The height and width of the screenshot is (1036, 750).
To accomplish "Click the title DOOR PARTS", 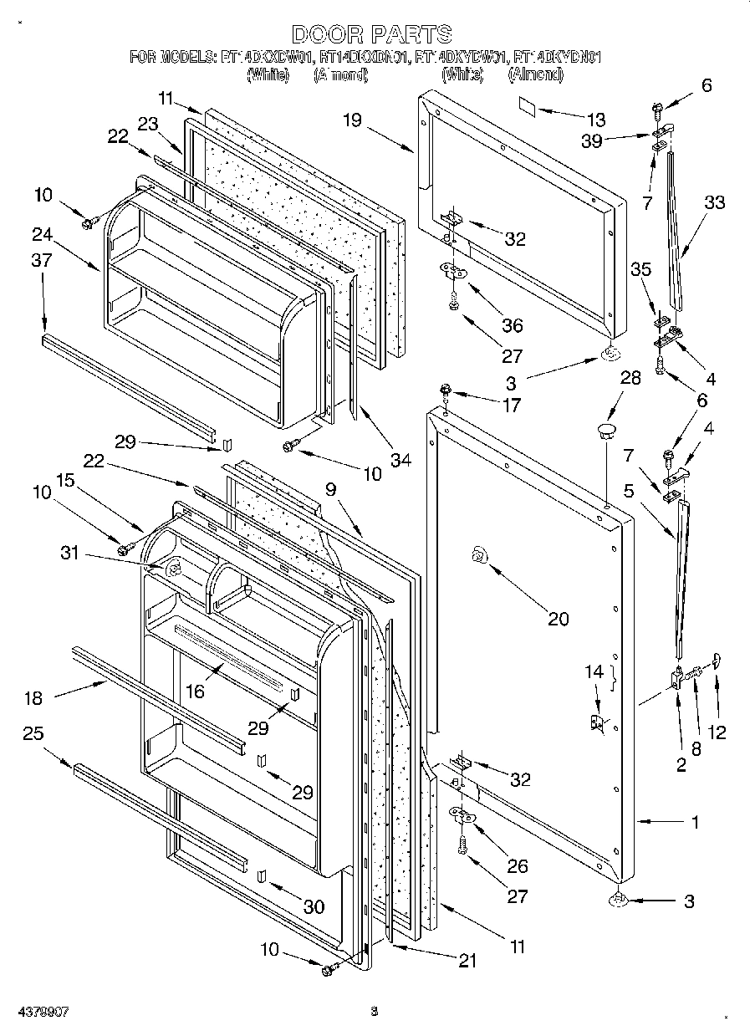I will pyautogui.click(x=373, y=34).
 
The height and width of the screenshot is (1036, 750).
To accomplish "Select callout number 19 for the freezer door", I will pyautogui.click(x=352, y=120).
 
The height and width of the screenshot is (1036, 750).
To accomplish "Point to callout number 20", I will pyautogui.click(x=558, y=619).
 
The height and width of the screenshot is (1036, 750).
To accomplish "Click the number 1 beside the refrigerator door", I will pyautogui.click(x=696, y=822).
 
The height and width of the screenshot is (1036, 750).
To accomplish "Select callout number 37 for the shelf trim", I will pyautogui.click(x=42, y=260).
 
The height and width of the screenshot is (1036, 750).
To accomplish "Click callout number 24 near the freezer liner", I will pyautogui.click(x=42, y=235).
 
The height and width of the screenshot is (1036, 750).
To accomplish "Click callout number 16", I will pyautogui.click(x=195, y=691).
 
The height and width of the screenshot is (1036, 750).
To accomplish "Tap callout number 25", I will pyautogui.click(x=33, y=733).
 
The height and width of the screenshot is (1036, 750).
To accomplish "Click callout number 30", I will pyautogui.click(x=314, y=906).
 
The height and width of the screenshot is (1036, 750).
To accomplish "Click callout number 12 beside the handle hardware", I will pyautogui.click(x=716, y=733).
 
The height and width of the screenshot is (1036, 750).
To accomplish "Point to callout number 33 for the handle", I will pyautogui.click(x=715, y=202).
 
